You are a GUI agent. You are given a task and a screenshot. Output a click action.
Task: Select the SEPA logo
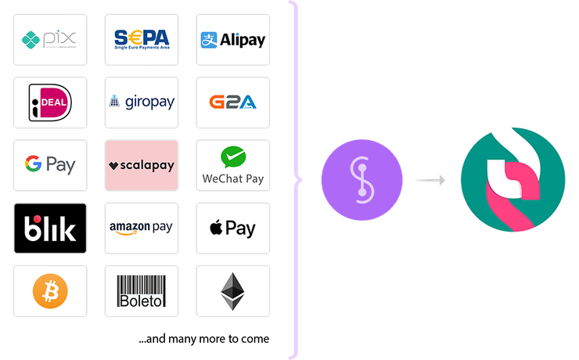(x=142, y=39)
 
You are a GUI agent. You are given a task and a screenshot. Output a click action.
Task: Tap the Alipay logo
(x=232, y=39)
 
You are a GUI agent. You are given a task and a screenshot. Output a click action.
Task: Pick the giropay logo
(x=142, y=103)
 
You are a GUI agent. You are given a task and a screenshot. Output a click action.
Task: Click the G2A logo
(x=232, y=103)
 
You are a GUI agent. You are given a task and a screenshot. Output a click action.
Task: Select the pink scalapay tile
(x=142, y=165)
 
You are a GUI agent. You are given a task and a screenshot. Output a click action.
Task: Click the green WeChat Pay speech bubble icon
(x=232, y=157)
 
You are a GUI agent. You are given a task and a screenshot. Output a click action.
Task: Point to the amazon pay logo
(x=142, y=229)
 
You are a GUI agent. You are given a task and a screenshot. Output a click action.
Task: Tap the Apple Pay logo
(x=232, y=229)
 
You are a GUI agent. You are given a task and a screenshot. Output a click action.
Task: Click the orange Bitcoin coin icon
(x=50, y=291)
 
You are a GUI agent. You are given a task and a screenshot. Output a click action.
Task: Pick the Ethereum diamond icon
(x=232, y=291)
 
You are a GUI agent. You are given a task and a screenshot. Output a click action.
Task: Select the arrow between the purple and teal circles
(x=430, y=181)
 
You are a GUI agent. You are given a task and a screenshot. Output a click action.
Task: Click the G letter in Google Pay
(x=32, y=164)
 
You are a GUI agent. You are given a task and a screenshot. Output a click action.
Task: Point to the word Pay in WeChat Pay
(x=252, y=178)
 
